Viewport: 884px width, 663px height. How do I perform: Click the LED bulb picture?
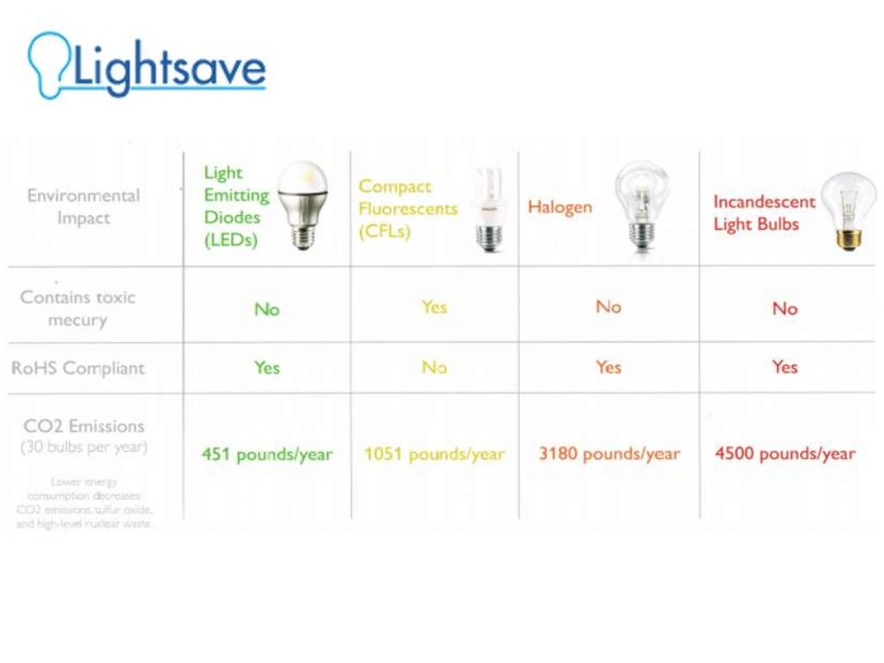pos(302,205)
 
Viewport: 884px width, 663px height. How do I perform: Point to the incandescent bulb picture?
pos(847,211)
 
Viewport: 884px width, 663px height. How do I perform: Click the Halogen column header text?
pos(559,207)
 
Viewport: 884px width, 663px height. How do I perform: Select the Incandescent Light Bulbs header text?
pos(763,212)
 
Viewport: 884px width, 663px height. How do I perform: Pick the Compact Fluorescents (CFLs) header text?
pos(407,209)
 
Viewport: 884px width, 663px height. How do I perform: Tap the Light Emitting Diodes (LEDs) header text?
pos(236,207)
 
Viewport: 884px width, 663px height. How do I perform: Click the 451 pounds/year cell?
pos(267,454)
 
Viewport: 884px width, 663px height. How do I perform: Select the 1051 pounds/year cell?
pos(434,454)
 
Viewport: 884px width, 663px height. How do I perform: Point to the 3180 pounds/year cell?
pos(609,454)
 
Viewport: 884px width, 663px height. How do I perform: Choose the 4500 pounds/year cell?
pos(785,454)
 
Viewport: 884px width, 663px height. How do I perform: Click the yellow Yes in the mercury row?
pos(434,306)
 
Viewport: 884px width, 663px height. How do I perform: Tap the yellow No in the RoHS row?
pos(434,368)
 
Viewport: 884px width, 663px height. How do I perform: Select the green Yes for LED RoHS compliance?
pos(267,368)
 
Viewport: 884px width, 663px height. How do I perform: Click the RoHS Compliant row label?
pos(78,368)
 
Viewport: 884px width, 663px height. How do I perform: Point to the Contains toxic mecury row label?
pos(78,308)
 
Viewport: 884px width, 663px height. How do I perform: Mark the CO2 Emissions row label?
pos(85,426)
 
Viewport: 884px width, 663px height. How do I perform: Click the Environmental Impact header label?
pos(83,206)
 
